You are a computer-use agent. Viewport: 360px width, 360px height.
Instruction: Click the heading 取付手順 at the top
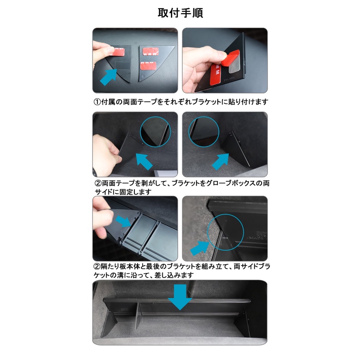click(180, 13)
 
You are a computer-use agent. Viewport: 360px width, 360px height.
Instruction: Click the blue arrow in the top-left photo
click(108, 77)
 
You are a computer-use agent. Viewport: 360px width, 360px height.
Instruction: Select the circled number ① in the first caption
click(97, 102)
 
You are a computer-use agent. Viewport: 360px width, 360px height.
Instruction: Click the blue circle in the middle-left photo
click(155, 132)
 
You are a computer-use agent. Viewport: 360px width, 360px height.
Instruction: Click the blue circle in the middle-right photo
click(204, 132)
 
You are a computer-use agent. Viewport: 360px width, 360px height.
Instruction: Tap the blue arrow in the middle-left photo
click(144, 161)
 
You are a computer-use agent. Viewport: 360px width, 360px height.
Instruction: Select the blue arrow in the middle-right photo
click(221, 162)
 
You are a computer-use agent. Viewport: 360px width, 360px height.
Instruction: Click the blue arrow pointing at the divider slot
click(123, 221)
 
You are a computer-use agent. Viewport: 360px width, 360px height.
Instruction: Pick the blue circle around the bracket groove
click(225, 232)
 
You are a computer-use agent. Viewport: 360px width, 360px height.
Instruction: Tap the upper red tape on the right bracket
click(151, 51)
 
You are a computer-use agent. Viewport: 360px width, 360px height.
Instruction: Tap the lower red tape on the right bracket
click(148, 66)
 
